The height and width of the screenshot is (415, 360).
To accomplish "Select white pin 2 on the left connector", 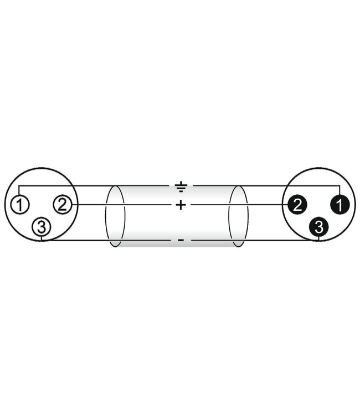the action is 62,205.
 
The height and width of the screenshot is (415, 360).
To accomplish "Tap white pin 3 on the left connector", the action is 42,226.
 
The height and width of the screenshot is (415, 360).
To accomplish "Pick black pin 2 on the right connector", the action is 297,205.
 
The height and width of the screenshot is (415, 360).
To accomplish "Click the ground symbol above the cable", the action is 181,186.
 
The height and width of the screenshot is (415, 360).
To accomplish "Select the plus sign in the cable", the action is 181,205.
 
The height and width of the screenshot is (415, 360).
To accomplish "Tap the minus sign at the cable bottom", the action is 181,241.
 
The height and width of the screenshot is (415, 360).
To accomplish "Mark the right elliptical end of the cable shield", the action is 238,216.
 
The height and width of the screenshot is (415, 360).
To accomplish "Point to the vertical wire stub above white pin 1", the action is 19,191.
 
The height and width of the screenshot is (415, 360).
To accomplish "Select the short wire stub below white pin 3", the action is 42,238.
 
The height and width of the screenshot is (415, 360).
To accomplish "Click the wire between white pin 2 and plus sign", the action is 122,205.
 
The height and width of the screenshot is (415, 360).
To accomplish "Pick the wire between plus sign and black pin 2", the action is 238,205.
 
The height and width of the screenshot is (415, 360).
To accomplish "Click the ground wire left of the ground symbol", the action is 94,186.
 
